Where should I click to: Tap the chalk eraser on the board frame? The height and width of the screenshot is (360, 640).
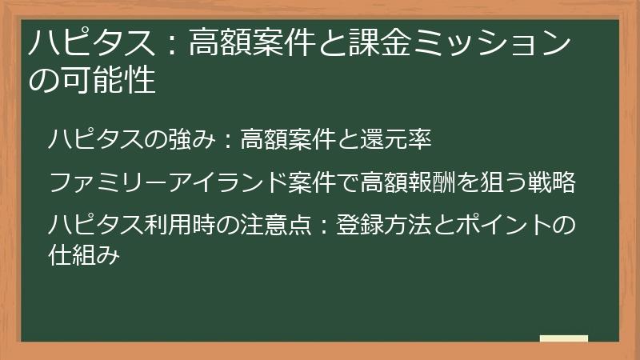(x=564, y=339)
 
